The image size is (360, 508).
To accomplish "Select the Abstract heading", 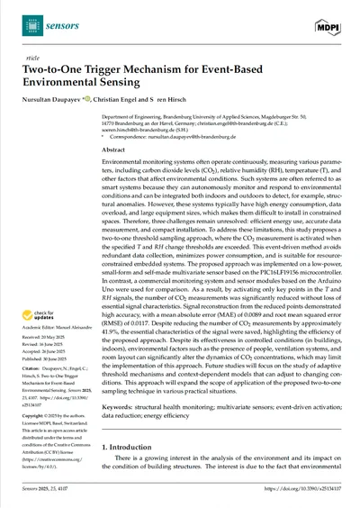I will pos(114,150).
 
